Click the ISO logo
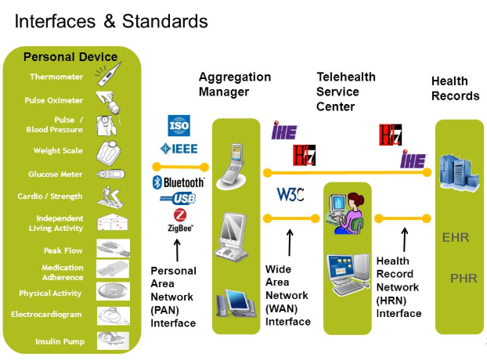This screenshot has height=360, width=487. click(179, 125)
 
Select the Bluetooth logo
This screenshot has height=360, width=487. click(179, 182)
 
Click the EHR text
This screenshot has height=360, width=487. click(456, 237)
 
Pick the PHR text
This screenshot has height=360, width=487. click(458, 278)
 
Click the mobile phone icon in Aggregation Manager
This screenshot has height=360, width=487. click(235, 164)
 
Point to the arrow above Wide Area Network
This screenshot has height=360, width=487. click(290, 242)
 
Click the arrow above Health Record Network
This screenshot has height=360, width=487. click(405, 239)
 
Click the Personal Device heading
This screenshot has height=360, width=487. click(70, 56)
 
